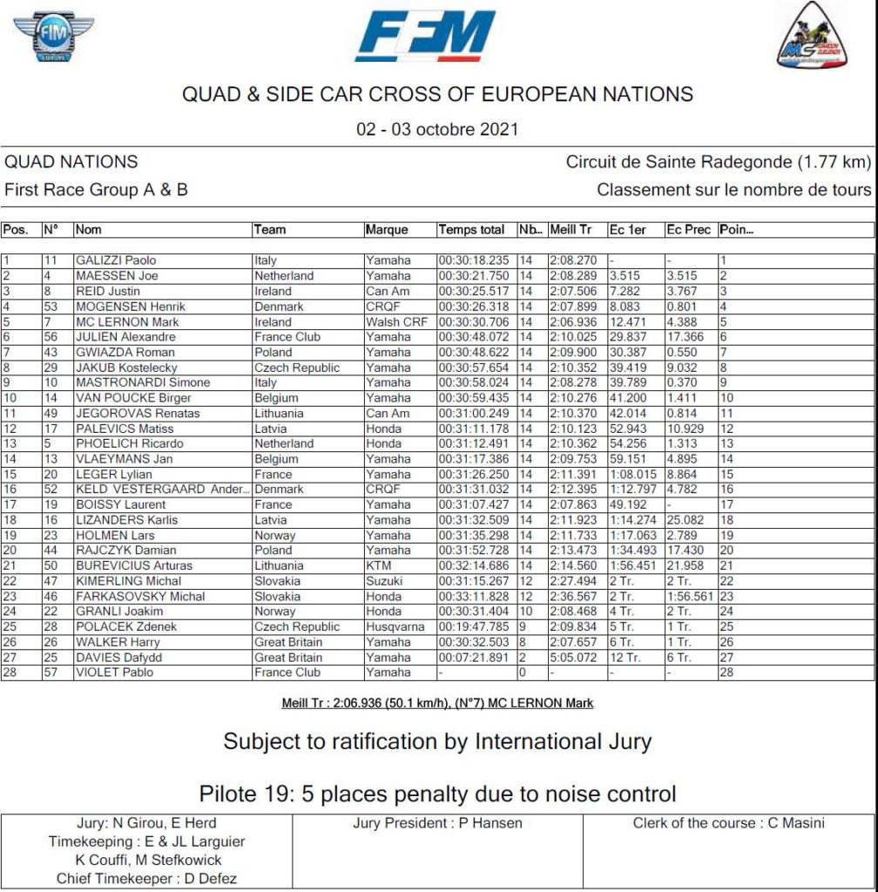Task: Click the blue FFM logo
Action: (x=425, y=36)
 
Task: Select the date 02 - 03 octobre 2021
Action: (x=437, y=130)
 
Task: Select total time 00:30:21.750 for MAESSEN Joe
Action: (x=473, y=276)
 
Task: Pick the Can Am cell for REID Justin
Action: (x=388, y=291)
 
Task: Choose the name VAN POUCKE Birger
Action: (x=133, y=398)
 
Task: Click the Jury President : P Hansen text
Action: (x=437, y=822)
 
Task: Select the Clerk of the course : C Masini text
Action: (x=728, y=822)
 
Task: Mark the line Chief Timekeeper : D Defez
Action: (x=146, y=879)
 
